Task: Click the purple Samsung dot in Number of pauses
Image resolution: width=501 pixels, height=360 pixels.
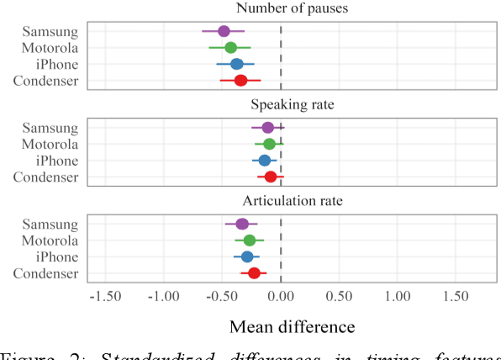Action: tap(224, 31)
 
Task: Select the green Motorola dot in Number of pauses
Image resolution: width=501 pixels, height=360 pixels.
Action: tap(230, 47)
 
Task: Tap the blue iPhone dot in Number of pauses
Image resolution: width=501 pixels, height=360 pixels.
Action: tap(236, 64)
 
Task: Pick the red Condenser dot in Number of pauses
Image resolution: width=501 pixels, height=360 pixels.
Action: tap(240, 81)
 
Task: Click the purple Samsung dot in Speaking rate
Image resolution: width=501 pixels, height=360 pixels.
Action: tap(268, 127)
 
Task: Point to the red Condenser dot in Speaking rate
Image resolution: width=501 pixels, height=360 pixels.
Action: tap(271, 177)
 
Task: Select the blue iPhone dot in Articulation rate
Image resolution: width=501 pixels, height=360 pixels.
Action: tap(247, 257)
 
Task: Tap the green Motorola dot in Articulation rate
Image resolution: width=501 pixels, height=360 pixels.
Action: tap(250, 240)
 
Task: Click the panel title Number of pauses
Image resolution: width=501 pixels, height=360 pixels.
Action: tap(293, 9)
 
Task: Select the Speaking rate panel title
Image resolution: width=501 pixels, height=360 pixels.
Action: tap(293, 105)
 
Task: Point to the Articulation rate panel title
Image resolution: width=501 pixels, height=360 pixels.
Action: tap(293, 202)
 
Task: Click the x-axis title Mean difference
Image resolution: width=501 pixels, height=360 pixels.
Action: tap(293, 326)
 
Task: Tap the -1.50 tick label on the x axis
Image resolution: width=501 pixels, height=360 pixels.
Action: tap(105, 297)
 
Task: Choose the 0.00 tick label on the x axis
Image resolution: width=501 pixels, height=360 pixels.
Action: tap(281, 297)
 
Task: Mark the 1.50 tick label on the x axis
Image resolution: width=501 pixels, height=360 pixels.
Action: tap(456, 297)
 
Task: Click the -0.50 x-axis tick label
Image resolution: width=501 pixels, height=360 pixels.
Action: tap(222, 297)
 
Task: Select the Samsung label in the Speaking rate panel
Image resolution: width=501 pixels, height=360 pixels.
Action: tap(50, 128)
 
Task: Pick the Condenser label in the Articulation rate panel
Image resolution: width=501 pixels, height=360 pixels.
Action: tap(46, 273)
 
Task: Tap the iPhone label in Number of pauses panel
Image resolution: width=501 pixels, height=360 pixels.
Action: tap(55, 64)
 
